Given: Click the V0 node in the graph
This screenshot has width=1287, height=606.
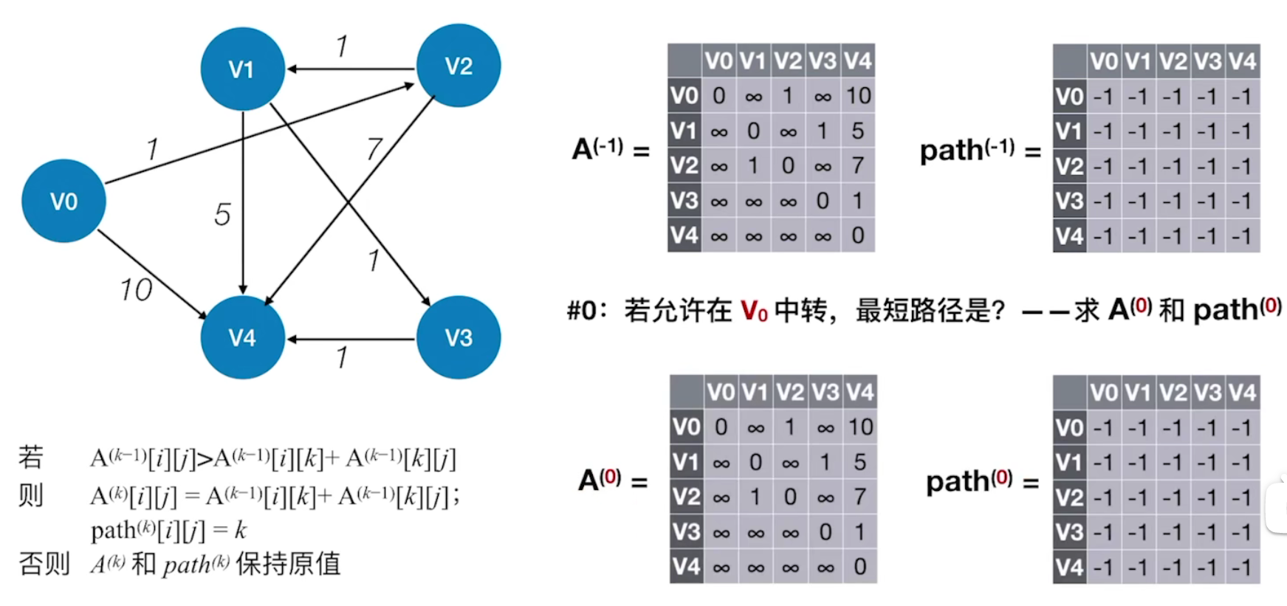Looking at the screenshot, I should tap(64, 201).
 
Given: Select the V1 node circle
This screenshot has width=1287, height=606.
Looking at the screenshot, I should tap(242, 69).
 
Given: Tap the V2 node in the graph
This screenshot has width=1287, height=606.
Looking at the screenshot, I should tap(459, 66).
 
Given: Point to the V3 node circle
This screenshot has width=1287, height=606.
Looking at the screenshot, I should tap(459, 337).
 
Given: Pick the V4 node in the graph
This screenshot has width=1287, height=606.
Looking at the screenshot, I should tap(242, 337).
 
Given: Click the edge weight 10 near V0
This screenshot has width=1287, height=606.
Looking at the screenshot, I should tap(137, 290).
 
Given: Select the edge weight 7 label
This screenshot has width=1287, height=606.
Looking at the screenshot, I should tap(374, 150).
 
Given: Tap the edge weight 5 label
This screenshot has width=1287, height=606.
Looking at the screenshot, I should tap(222, 215).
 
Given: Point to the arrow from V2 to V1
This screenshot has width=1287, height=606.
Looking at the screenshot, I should tap(351, 69).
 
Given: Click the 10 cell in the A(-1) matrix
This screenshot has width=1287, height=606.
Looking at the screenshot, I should tap(858, 96).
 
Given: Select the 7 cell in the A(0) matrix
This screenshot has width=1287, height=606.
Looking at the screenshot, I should tap(860, 497).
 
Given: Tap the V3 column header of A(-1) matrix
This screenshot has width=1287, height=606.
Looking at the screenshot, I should tap(823, 61).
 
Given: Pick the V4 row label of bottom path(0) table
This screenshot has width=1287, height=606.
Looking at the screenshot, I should tap(1069, 567).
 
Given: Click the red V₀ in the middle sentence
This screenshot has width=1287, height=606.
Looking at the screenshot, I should tap(754, 311).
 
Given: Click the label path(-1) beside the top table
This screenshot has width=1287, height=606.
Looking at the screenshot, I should tap(967, 151).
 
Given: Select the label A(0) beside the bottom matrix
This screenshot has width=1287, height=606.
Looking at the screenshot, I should tap(600, 480).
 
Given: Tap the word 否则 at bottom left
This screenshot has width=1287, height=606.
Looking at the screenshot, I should tap(44, 564).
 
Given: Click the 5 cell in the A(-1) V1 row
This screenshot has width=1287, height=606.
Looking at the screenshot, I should tap(858, 131).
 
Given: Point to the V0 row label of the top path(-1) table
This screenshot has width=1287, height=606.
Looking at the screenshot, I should tap(1069, 97).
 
